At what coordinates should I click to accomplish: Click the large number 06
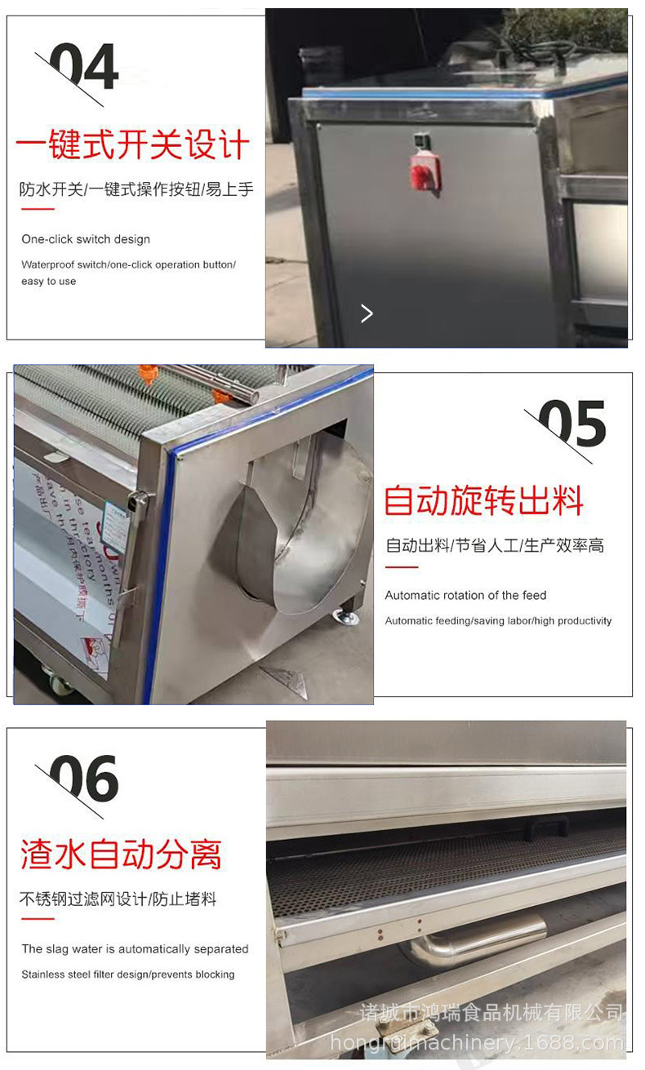(x=84, y=779)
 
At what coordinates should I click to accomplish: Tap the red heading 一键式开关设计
(x=132, y=145)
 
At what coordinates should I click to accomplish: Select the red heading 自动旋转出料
(x=483, y=499)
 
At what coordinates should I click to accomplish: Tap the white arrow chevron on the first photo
(x=367, y=313)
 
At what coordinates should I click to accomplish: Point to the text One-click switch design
(x=86, y=239)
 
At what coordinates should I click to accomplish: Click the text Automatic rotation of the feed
(x=465, y=595)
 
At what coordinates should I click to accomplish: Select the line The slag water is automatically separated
(x=135, y=948)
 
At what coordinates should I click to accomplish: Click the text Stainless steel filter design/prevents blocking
(x=127, y=974)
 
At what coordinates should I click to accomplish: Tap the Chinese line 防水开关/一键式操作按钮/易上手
(x=136, y=189)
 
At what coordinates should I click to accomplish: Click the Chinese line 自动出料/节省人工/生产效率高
(x=495, y=545)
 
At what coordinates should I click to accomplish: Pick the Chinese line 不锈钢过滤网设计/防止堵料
(x=118, y=899)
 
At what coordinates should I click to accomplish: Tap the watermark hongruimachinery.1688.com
(x=478, y=1042)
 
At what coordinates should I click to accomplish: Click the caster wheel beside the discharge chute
(x=345, y=614)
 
